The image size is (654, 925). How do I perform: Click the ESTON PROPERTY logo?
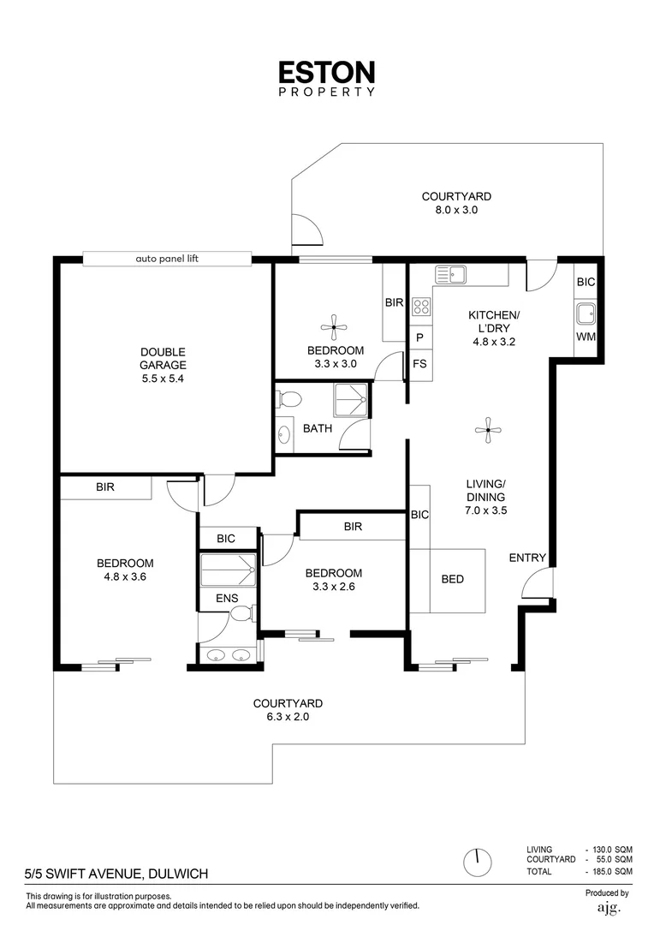click(327, 78)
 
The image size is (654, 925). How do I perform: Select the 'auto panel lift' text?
click(167, 258)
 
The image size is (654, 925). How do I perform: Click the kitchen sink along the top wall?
click(450, 275)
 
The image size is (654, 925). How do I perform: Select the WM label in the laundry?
click(586, 337)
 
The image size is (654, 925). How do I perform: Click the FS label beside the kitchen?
click(419, 364)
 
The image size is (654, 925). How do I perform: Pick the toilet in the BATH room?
click(290, 398)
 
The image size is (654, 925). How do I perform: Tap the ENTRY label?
click(527, 558)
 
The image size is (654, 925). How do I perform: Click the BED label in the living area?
click(453, 580)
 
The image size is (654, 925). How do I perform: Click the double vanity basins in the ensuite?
click(227, 655)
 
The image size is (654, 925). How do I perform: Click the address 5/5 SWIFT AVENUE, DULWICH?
click(116, 874)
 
